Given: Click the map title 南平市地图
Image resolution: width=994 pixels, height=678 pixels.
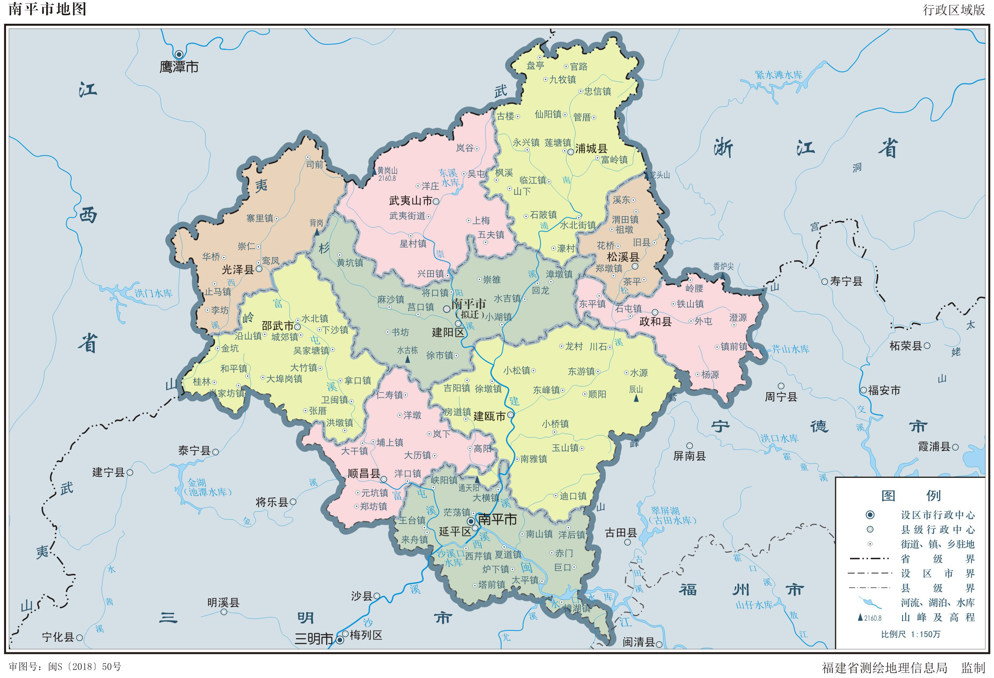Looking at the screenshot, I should (x=48, y=9).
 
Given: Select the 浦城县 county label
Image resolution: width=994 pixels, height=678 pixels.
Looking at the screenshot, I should (x=591, y=149).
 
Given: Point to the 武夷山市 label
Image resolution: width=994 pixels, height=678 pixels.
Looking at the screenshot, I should (x=410, y=200).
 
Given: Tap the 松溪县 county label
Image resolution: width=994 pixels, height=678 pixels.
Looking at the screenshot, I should (x=623, y=257).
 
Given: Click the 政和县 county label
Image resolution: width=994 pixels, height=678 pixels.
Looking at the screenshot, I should (x=655, y=322).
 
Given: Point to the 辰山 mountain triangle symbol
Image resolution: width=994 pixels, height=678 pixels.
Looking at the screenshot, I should (x=636, y=398).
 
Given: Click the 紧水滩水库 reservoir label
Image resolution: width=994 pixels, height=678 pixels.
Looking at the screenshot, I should (x=778, y=75).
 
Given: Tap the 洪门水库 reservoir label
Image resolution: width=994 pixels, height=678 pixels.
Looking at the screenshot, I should (x=154, y=293).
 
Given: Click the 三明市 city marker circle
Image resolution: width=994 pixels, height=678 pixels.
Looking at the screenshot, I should (x=340, y=640).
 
